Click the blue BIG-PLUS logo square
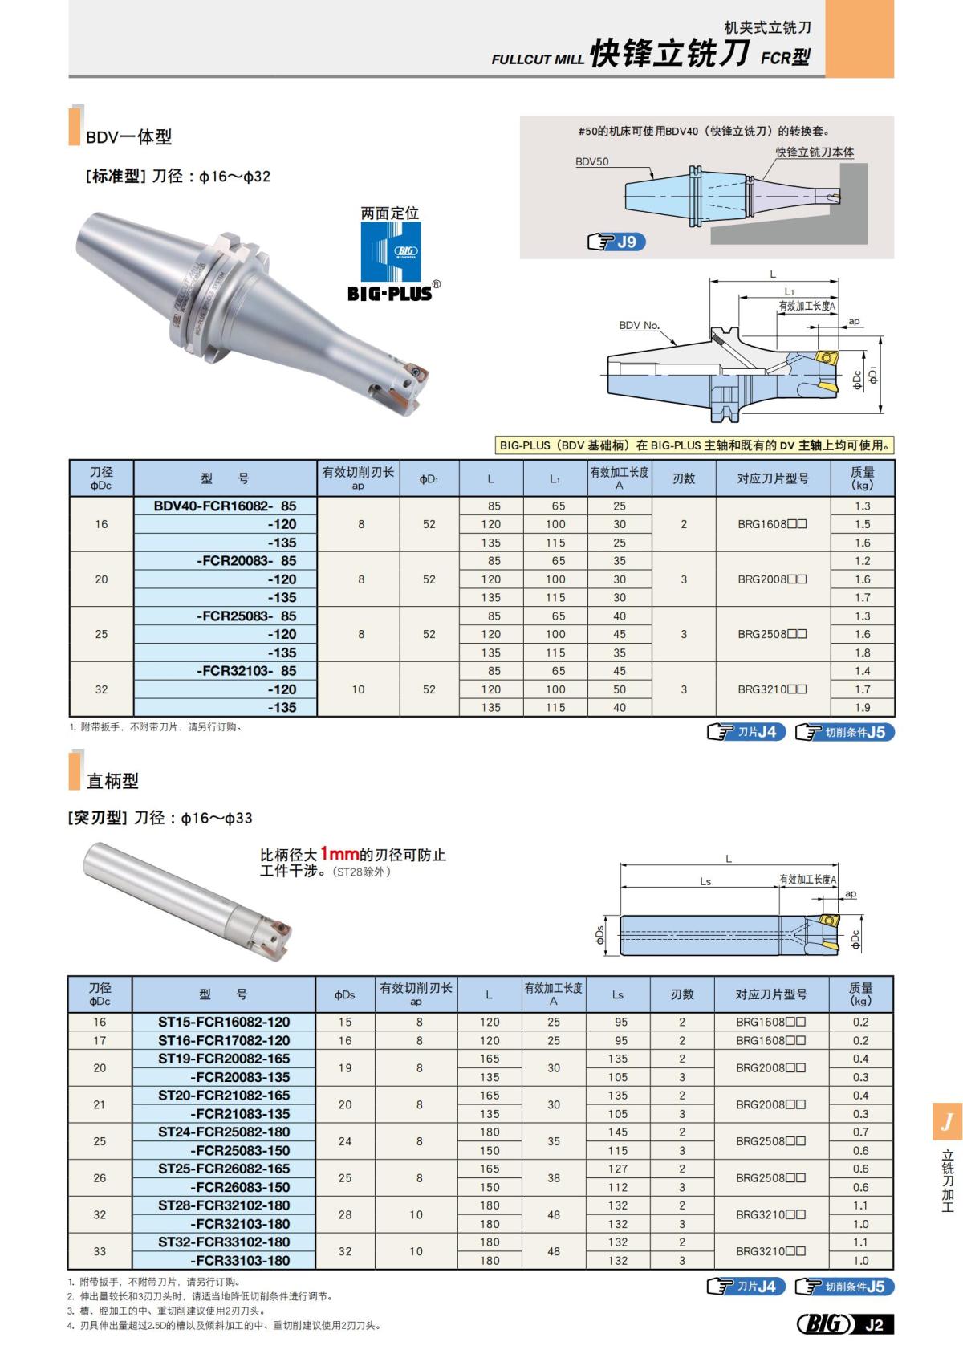[x=390, y=251]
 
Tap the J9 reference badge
[x=616, y=242]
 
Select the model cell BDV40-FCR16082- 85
[x=226, y=506]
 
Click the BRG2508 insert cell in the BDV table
[x=772, y=634]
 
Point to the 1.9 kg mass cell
[x=863, y=707]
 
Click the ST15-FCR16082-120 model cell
[x=224, y=1022]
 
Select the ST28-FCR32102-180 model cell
[x=224, y=1205]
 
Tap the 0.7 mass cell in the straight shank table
[x=861, y=1132]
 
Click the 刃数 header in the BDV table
[x=684, y=478]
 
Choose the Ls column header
[x=617, y=994]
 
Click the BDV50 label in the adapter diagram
[x=592, y=161]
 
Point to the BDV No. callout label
[x=640, y=325]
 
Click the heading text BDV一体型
[x=129, y=137]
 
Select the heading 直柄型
[x=113, y=781]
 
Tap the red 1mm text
[x=339, y=854]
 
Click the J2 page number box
[x=874, y=1325]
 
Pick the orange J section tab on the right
[x=947, y=1121]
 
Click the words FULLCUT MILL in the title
[x=538, y=59]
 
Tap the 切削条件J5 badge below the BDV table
[x=845, y=732]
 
